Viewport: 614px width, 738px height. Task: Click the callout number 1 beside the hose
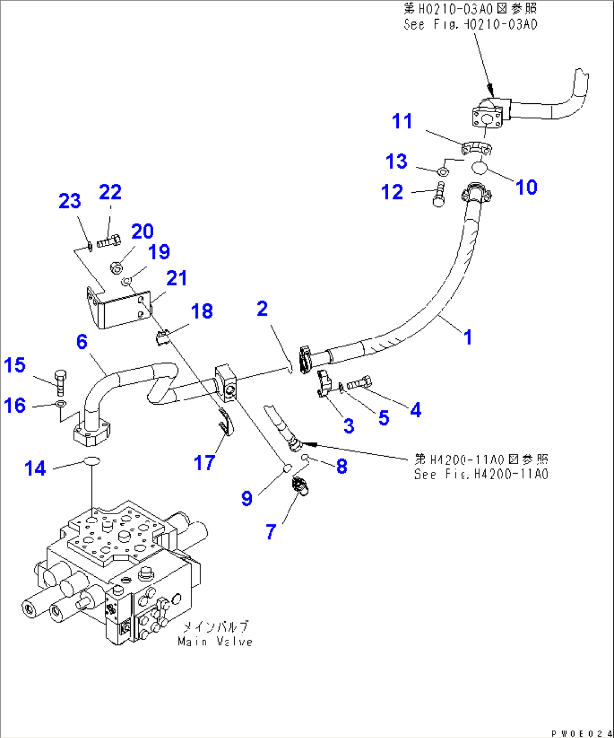point(467,337)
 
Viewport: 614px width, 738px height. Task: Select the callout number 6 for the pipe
point(82,342)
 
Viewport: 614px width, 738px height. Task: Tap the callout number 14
point(35,468)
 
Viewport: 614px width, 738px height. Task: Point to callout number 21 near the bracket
point(176,278)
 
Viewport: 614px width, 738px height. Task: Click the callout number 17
point(204,463)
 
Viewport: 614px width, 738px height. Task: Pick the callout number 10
point(526,187)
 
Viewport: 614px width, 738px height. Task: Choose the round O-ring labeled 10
point(479,167)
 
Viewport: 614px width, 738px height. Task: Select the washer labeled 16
point(60,404)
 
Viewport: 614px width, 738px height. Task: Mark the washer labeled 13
point(443,170)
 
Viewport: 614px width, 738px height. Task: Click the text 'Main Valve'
point(215,642)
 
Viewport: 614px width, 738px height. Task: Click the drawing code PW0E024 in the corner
point(581,733)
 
